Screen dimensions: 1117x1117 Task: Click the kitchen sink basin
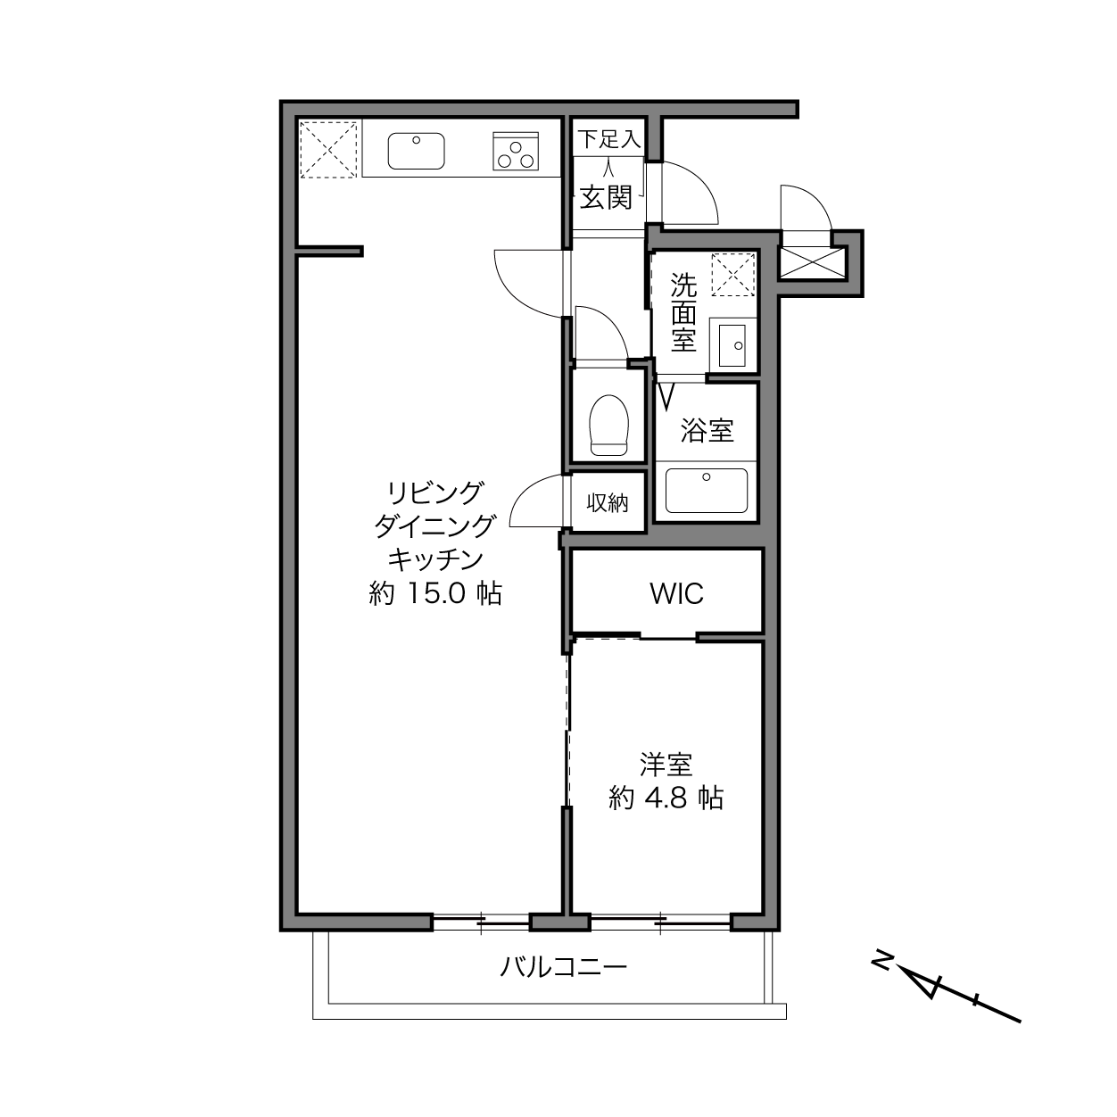click(x=416, y=151)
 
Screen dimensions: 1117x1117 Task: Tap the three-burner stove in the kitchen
click(x=516, y=152)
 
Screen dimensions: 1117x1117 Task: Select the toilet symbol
click(x=608, y=425)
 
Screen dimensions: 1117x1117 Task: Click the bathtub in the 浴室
click(x=706, y=491)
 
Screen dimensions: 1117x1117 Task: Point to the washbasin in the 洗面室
click(x=732, y=345)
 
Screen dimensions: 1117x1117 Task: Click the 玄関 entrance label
click(x=606, y=198)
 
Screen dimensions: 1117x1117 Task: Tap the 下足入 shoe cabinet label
click(x=608, y=139)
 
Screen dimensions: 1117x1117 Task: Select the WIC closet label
click(x=676, y=593)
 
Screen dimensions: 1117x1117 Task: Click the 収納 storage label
click(x=608, y=502)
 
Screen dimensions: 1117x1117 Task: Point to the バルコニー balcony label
click(x=564, y=967)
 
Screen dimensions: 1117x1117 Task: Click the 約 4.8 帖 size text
click(x=666, y=798)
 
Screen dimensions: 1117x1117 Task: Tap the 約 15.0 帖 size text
click(x=435, y=593)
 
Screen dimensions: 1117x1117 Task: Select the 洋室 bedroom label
click(x=666, y=765)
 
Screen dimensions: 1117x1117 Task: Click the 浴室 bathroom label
click(x=707, y=430)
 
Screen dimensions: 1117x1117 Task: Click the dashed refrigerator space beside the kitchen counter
click(x=328, y=150)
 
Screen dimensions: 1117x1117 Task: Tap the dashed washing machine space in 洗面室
click(x=733, y=275)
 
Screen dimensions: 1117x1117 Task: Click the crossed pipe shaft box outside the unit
click(x=813, y=262)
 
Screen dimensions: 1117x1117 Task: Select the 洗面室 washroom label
click(x=684, y=312)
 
